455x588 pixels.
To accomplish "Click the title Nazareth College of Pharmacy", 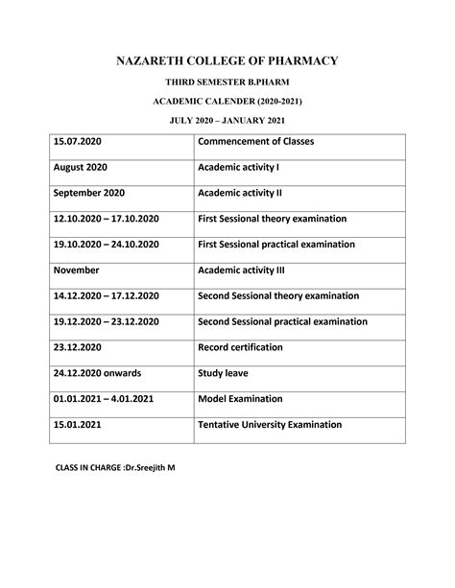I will [x=227, y=61].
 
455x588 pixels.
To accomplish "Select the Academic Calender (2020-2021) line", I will [x=227, y=102].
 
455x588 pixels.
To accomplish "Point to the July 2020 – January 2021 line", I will [x=227, y=120].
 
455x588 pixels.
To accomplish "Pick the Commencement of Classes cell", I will [x=255, y=142].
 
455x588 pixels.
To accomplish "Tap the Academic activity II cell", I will [x=239, y=193].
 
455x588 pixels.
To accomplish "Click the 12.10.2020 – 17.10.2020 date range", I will [x=107, y=219].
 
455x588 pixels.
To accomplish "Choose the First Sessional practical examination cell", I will [x=275, y=245].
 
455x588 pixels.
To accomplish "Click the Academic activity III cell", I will [x=241, y=270].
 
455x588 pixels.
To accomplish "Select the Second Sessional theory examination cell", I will [x=277, y=295].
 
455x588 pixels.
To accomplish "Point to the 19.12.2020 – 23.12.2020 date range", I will [x=107, y=321].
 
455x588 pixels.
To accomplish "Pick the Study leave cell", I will [x=224, y=373].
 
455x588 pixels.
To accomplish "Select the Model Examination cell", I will [x=240, y=398].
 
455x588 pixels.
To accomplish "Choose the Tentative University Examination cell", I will [x=269, y=424].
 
